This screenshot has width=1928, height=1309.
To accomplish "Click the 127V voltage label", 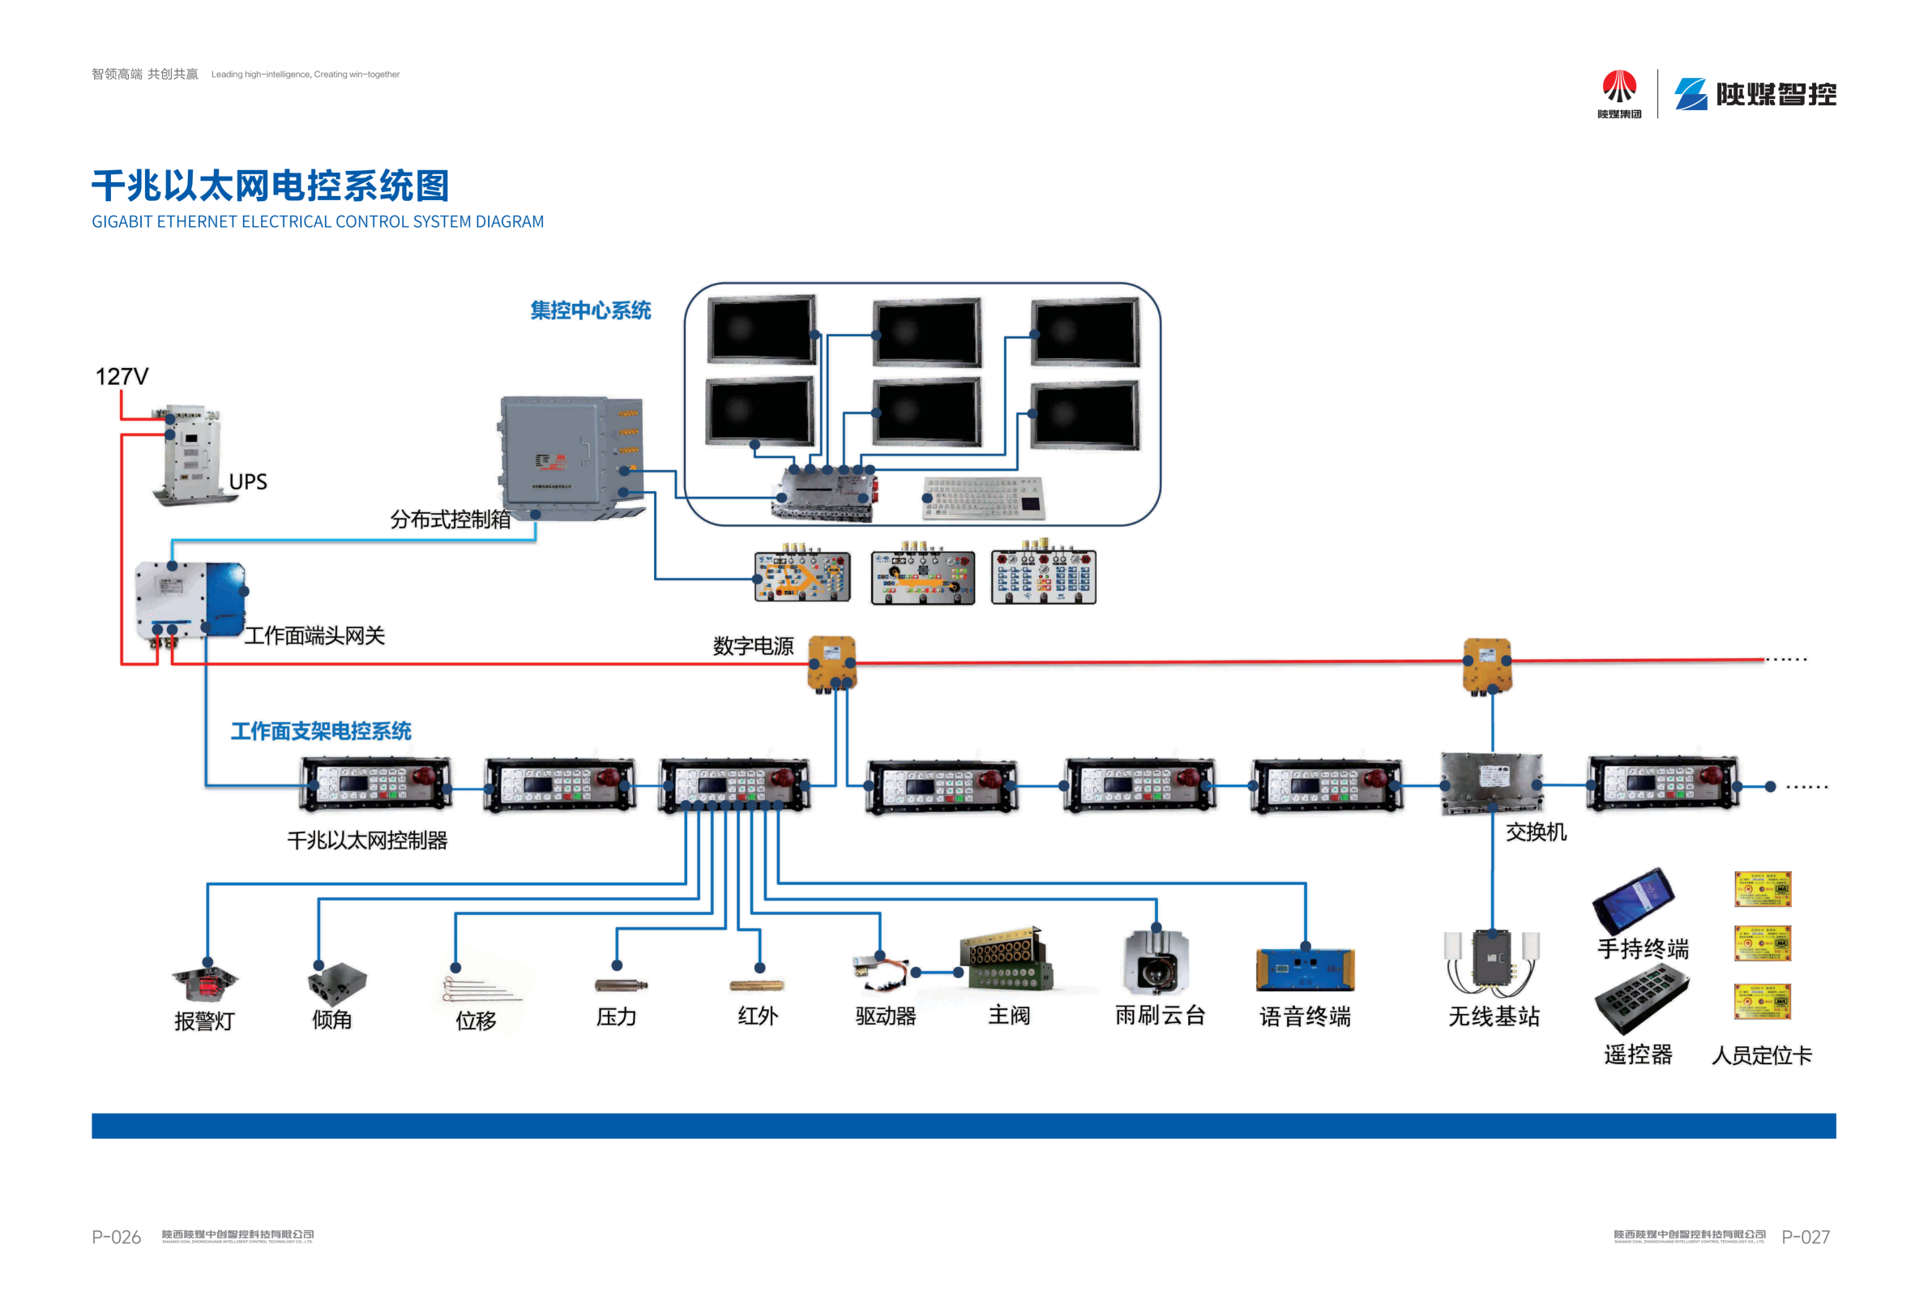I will pos(121,377).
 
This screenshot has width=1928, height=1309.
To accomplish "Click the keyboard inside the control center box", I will pos(983,498).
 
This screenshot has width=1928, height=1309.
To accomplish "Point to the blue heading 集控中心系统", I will pos(591,310).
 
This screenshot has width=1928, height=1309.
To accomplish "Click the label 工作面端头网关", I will pos(314,636).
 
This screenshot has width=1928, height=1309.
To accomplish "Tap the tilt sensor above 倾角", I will pos(337,984).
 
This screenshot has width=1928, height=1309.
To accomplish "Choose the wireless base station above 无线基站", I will pos(1493,962).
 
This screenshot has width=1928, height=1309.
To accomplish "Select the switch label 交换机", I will pos(1536,832).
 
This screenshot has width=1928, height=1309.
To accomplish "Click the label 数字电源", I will pos(752,646).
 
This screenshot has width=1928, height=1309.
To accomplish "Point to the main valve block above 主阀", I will pos(1006,960).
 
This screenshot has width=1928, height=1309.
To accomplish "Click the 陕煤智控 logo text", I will pos(1776,95).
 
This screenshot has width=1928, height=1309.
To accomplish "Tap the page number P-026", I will pos(116,1237).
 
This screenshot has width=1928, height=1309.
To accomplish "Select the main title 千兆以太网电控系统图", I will pos(271,186).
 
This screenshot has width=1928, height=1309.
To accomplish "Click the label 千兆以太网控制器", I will pos(366,841).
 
